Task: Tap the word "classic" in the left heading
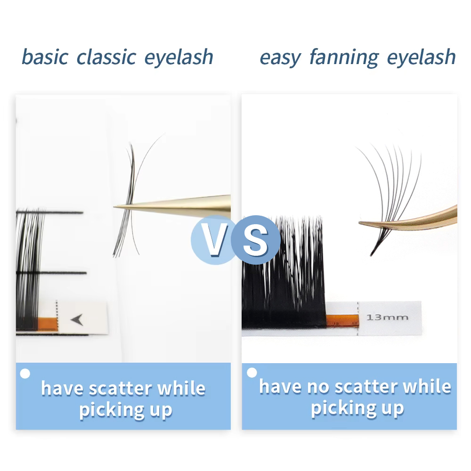(106, 57)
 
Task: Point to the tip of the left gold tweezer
(116, 206)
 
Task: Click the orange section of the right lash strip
(342, 319)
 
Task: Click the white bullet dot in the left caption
(25, 374)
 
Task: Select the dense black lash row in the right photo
(283, 273)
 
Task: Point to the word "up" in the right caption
(392, 408)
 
